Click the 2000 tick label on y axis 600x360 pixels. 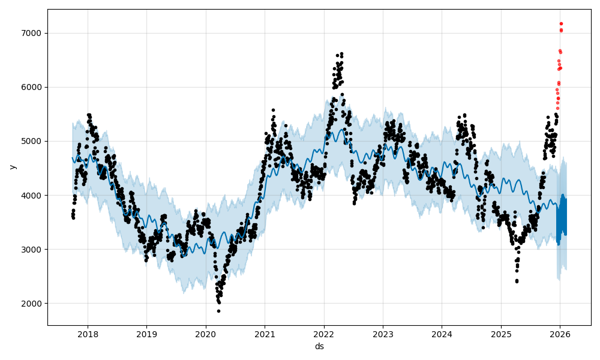[x=32, y=304]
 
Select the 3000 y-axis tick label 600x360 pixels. [x=32, y=250]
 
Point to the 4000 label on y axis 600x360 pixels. [x=32, y=196]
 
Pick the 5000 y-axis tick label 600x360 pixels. [x=32, y=142]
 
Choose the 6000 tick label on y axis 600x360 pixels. [x=32, y=88]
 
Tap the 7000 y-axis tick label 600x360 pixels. [x=32, y=34]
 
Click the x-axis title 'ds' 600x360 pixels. [x=319, y=346]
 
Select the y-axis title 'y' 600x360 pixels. [x=11, y=167]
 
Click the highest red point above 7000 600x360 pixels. [x=561, y=23]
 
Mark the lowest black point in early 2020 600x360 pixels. [x=218, y=311]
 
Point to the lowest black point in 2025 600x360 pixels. [x=517, y=281]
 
